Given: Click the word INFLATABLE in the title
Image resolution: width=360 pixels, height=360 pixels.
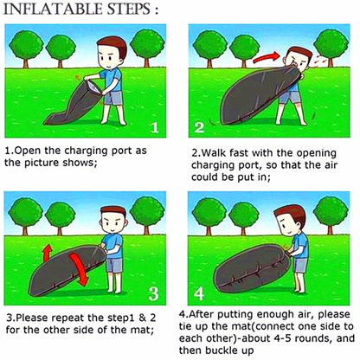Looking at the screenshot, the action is point(53,10).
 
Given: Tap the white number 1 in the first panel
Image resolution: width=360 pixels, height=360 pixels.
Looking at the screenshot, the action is point(155,127).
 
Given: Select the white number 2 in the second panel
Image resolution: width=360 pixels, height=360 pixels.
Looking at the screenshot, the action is point(199,127).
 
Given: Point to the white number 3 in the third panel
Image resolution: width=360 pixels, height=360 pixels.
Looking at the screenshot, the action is point(153,293).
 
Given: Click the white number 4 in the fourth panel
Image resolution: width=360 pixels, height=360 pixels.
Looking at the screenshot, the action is point(199,293).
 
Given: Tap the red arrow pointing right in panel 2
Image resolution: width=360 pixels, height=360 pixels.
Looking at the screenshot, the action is point(267,57).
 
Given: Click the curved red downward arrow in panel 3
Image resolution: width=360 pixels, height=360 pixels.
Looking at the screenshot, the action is point(80,269).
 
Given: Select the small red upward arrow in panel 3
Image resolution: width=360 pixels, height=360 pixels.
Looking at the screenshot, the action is point(47,253).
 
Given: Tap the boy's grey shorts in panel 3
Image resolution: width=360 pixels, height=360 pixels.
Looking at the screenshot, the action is point(114,265).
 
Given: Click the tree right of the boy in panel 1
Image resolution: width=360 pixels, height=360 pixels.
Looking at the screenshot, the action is point(147,48).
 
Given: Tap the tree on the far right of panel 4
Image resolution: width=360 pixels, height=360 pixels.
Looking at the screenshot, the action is point(331,215).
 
